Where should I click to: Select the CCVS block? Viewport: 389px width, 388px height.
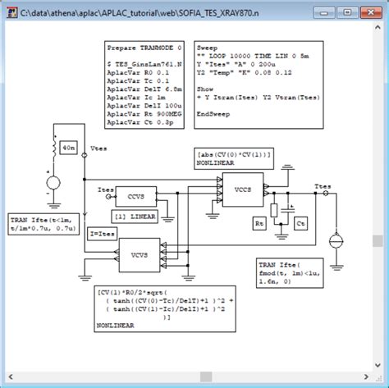(135, 194)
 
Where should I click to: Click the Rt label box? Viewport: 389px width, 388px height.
(256, 222)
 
